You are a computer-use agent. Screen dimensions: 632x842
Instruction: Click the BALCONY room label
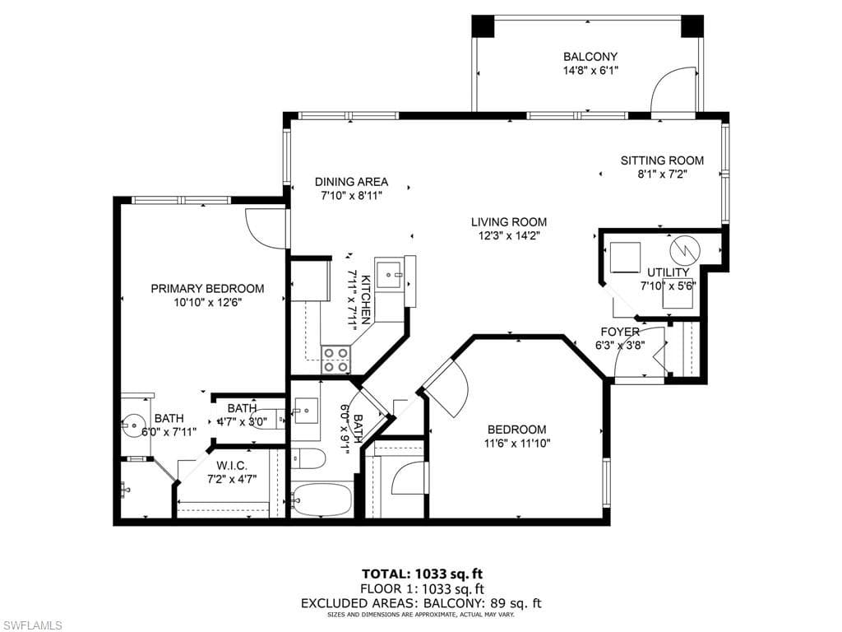click(590, 57)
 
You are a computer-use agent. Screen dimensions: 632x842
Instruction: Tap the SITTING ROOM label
click(662, 160)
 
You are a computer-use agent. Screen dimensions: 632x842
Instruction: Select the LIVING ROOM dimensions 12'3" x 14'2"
click(508, 235)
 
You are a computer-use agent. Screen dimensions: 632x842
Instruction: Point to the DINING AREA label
click(351, 182)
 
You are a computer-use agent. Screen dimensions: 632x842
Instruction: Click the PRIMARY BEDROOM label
click(207, 288)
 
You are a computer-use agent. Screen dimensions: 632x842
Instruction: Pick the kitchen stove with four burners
click(335, 360)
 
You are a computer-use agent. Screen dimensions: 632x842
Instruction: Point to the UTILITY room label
click(668, 272)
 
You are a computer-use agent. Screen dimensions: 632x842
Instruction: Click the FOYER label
click(619, 332)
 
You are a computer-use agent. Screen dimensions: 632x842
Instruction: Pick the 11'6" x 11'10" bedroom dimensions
click(516, 443)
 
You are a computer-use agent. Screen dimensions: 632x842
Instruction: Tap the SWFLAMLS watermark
click(33, 625)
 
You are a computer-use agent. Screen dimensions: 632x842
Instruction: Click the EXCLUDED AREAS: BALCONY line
click(420, 603)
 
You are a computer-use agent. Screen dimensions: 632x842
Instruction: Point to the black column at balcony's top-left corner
click(481, 26)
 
